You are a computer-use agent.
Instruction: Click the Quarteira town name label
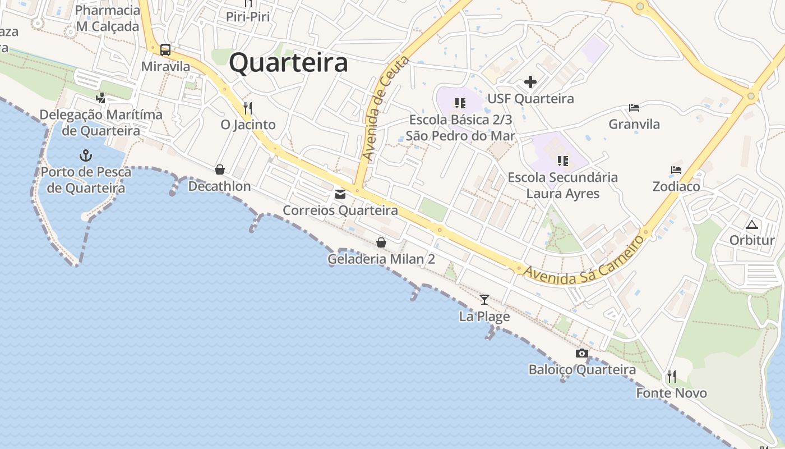tap(288, 63)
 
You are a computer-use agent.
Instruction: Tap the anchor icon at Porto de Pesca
tap(86, 155)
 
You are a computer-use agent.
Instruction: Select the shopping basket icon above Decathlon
tap(220, 169)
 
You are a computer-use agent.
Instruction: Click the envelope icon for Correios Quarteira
tap(340, 194)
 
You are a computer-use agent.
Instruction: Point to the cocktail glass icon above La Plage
tap(484, 300)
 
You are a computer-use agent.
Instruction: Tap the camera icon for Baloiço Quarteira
tap(582, 354)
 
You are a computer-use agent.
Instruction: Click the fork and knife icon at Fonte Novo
tap(671, 376)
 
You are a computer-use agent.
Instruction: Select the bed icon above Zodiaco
tap(676, 170)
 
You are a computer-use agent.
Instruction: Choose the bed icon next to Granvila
tap(634, 108)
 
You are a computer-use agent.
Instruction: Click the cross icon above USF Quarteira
tap(530, 83)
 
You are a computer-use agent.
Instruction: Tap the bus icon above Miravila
tap(165, 50)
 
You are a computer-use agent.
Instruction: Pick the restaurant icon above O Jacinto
tap(248, 108)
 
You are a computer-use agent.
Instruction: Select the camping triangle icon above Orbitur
tap(752, 224)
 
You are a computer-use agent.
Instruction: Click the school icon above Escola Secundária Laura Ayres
tap(563, 161)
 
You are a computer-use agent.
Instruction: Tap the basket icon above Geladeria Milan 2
tap(381, 242)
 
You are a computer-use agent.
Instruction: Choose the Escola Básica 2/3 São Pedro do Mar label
tap(460, 127)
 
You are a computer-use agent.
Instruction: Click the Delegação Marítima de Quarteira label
tap(101, 122)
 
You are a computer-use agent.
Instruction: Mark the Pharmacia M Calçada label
tap(107, 19)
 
